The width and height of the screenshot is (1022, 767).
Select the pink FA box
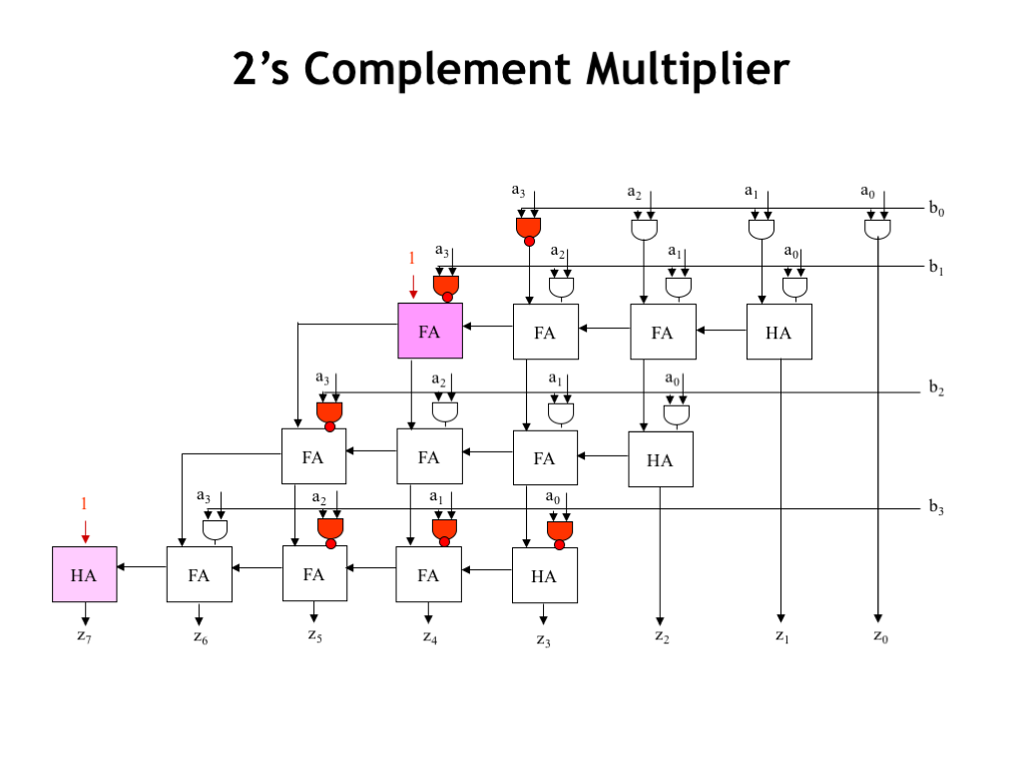[430, 332]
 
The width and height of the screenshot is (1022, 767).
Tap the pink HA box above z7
[85, 574]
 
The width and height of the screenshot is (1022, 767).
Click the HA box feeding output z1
[778, 332]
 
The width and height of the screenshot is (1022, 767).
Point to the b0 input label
[936, 209]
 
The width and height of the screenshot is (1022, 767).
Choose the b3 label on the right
[936, 508]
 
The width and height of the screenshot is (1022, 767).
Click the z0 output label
[879, 636]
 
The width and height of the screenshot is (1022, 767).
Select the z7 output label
[85, 636]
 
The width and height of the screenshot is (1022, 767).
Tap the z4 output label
[429, 636]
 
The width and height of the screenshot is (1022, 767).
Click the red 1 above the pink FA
[411, 258]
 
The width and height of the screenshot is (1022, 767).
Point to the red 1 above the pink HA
[85, 502]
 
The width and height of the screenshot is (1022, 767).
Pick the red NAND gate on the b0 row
[528, 229]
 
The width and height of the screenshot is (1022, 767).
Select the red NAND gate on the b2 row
[329, 412]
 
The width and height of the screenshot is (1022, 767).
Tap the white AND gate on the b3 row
[215, 529]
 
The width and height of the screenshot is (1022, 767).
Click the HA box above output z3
[544, 575]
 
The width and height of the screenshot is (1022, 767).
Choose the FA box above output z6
[199, 574]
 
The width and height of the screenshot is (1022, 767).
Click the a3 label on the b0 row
[518, 190]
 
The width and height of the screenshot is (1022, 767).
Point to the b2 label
[936, 388]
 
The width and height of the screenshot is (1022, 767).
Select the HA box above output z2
[660, 459]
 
